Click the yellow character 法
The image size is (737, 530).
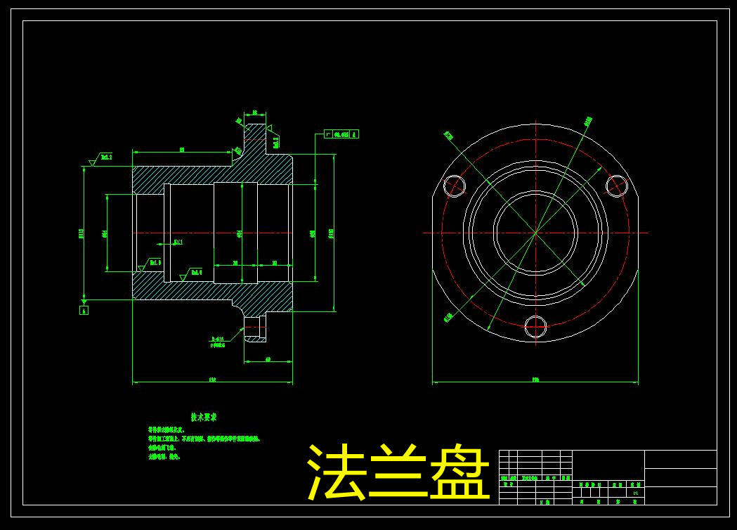point(336,472)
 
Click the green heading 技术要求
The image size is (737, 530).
point(204,417)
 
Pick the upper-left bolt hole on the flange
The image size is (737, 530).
point(454,186)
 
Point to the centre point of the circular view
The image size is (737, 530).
point(535,232)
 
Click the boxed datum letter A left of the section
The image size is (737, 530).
point(84,310)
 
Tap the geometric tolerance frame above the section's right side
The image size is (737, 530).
point(341,134)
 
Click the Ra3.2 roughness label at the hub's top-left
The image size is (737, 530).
point(106,157)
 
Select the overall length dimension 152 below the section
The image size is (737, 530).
point(212,380)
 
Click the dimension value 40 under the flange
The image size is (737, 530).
point(268,359)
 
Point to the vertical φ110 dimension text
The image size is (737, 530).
point(81,233)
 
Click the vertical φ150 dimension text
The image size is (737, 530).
point(331,233)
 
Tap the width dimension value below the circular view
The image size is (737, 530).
point(535,380)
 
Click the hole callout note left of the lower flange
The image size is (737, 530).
point(217,342)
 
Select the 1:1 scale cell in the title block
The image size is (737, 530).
point(636,493)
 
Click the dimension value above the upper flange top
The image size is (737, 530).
point(254,112)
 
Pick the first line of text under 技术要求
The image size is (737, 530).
point(166,429)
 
